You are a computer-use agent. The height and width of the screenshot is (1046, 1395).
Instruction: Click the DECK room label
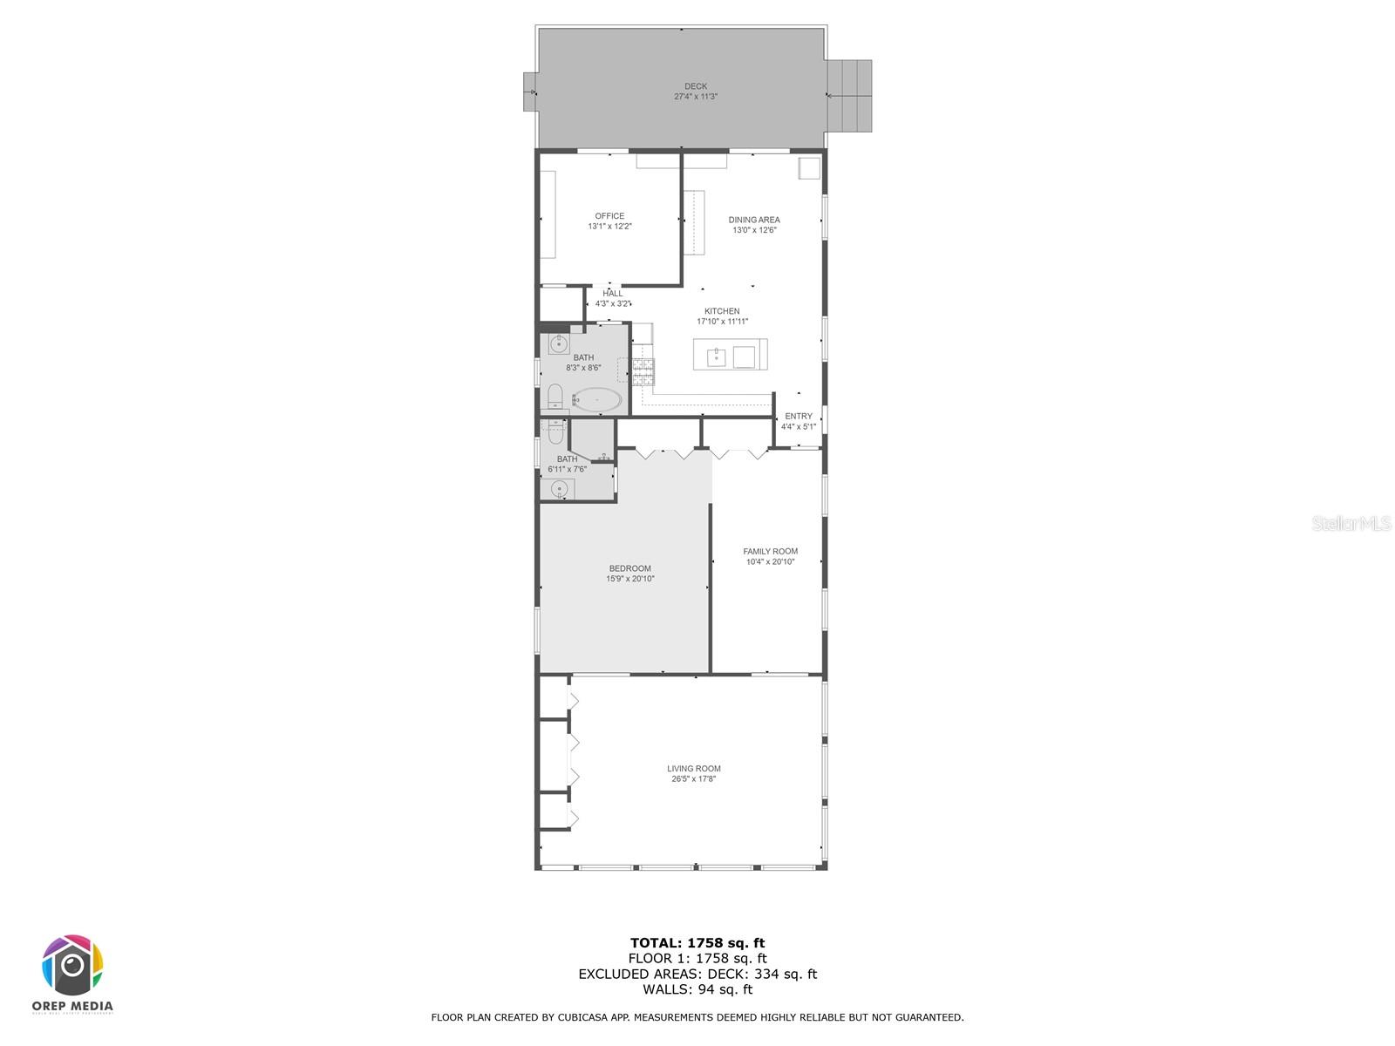[695, 86]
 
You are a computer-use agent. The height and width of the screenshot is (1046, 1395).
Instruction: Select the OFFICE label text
[609, 216]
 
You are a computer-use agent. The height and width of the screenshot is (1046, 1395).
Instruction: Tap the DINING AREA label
[754, 220]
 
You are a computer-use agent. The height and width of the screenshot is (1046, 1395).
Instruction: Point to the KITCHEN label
[722, 311]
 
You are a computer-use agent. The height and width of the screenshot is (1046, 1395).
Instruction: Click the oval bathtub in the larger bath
[596, 401]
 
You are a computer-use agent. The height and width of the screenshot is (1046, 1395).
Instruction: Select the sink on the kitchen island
[717, 357]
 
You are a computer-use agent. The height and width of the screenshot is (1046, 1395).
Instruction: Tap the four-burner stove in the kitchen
[643, 371]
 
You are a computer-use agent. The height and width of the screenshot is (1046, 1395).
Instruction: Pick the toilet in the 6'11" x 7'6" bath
[555, 432]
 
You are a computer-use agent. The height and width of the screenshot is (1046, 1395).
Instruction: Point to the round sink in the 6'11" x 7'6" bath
[559, 489]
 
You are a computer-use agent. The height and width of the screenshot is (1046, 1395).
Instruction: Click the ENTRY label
[799, 416]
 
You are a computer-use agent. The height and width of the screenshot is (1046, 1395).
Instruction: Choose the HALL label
[613, 294]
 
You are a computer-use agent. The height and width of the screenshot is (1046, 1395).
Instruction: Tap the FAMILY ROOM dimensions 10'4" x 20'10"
[770, 561]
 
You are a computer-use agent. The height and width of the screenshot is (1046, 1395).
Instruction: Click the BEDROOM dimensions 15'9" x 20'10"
[629, 579]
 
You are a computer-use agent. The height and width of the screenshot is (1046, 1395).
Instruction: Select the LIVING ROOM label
[693, 769]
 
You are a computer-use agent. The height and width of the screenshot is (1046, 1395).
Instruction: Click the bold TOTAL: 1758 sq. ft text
[697, 943]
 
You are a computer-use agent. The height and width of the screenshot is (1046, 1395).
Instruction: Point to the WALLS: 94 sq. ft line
[697, 989]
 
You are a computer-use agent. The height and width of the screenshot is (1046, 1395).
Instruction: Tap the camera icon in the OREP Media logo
[72, 965]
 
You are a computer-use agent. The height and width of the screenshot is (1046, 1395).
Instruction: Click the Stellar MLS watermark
[1351, 523]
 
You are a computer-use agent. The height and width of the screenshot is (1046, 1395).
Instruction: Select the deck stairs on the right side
[849, 96]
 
